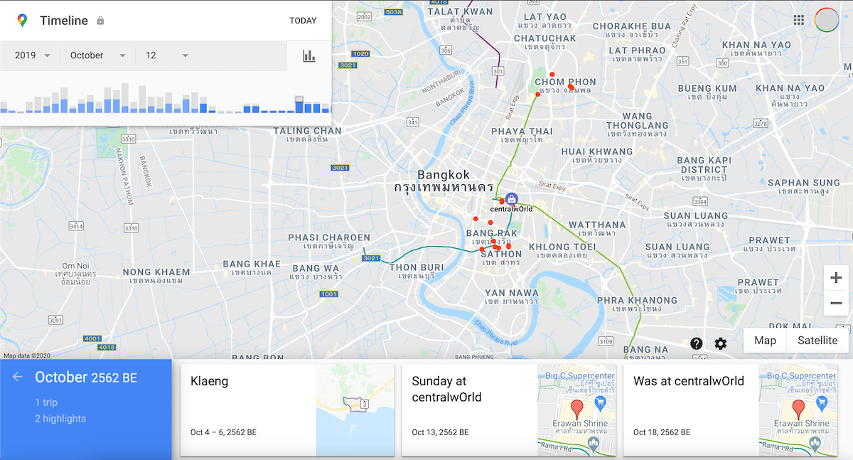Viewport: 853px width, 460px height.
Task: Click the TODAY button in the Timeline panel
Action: (x=303, y=21)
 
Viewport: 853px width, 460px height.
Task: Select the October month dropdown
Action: (x=97, y=55)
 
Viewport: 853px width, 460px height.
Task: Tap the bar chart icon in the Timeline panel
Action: (x=309, y=55)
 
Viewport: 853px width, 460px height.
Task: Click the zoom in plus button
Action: (x=836, y=278)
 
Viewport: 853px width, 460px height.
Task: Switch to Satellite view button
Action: (x=817, y=341)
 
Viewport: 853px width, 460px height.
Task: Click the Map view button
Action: (x=765, y=341)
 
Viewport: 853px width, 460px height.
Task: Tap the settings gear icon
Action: (x=721, y=344)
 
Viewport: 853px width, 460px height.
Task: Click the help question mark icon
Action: (x=697, y=344)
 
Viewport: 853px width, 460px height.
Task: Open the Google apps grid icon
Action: (x=799, y=20)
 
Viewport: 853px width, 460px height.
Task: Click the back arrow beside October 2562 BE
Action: (x=18, y=377)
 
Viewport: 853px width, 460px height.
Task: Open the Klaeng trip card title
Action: (x=210, y=381)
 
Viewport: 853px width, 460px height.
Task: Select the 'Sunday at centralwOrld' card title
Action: (x=446, y=389)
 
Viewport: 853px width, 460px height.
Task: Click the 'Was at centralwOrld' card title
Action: (x=688, y=381)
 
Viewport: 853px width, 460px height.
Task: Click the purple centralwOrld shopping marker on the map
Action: (x=512, y=200)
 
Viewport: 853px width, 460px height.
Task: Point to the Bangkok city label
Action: (x=444, y=175)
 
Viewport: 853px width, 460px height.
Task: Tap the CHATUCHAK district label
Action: (x=544, y=38)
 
